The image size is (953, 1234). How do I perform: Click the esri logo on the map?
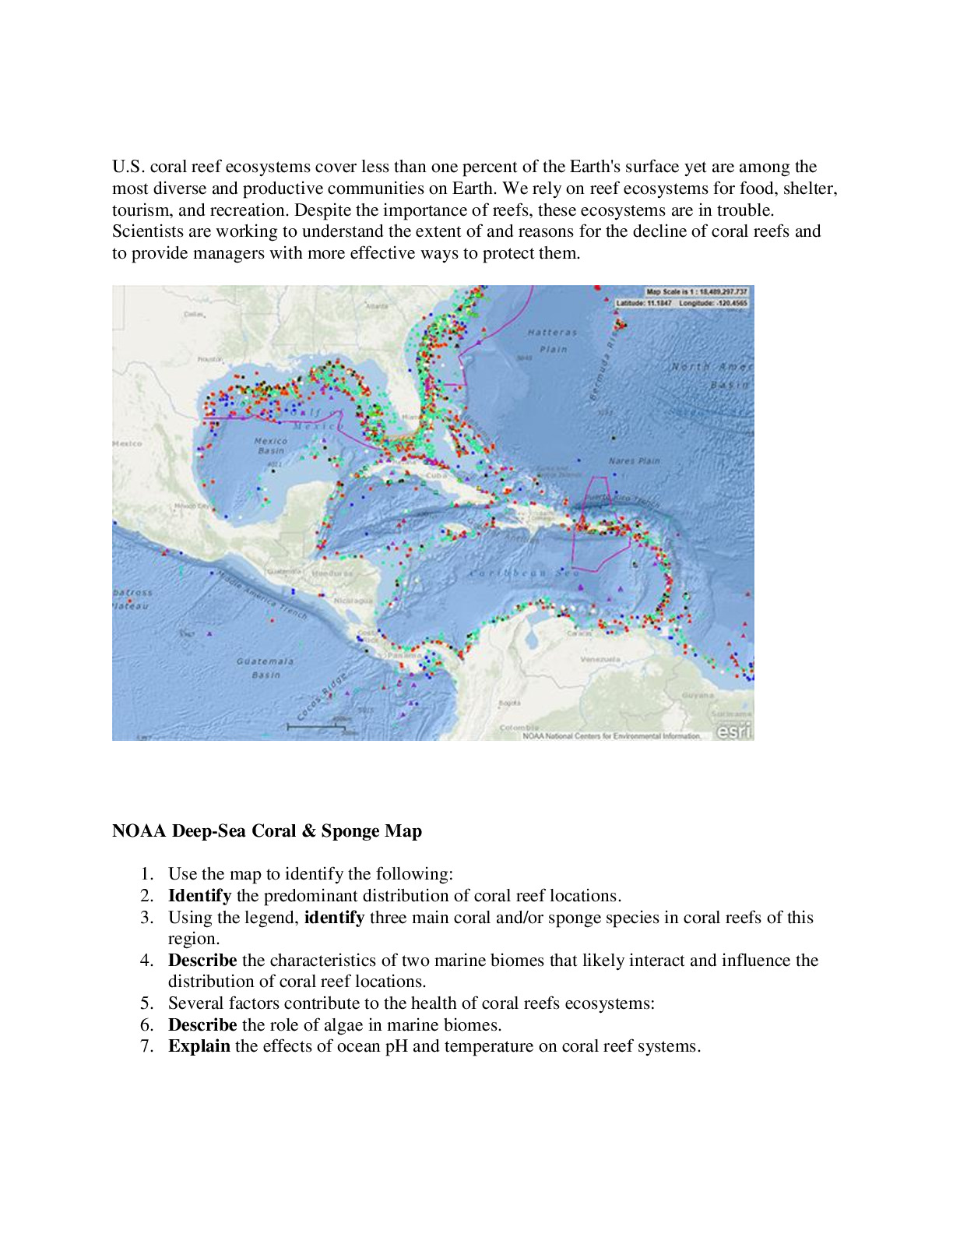coord(733,731)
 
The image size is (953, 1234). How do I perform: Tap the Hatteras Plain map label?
coord(552,340)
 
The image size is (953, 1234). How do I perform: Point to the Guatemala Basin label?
coord(266,668)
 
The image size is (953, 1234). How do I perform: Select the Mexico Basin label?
coord(270,446)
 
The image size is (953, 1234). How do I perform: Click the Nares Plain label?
coord(634,460)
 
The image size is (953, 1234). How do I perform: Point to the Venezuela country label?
coord(600,659)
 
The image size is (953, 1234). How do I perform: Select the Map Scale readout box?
coord(696,292)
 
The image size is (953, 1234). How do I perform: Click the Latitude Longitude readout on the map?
coord(682,302)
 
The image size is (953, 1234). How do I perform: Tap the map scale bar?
coord(315,727)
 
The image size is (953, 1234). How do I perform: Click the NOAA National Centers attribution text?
coord(611,735)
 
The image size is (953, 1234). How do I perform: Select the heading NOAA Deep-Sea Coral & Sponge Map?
coord(267,831)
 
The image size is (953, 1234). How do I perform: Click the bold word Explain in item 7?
coord(199,1046)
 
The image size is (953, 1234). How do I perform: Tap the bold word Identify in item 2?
coord(199,896)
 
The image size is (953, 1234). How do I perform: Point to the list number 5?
coord(147,1003)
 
